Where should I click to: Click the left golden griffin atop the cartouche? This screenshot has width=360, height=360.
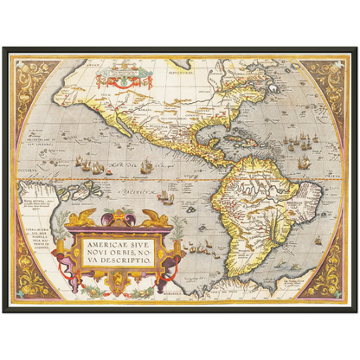tap(84, 218)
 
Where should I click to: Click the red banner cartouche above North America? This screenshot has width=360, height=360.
tap(123, 80)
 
